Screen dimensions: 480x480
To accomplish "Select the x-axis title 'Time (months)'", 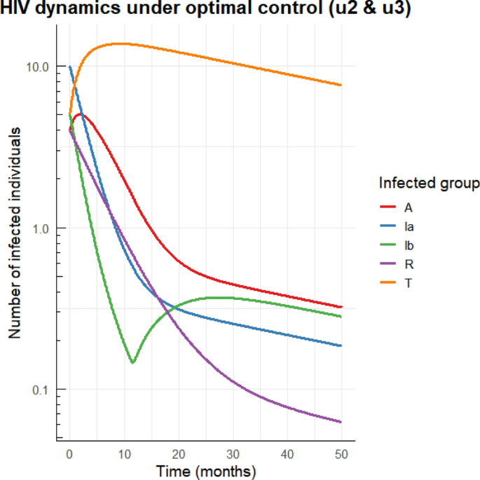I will (x=206, y=469).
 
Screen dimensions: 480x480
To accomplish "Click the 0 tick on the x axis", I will (x=69, y=453).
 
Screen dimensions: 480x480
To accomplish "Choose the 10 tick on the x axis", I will (x=124, y=453).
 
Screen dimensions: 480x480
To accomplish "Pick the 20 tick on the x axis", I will (x=179, y=453).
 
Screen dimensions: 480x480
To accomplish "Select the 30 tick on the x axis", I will (x=233, y=453).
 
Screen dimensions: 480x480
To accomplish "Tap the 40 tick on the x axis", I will (x=287, y=453).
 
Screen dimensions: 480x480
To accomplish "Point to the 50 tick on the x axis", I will (x=341, y=453).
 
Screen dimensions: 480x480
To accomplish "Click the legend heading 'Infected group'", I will (x=429, y=184).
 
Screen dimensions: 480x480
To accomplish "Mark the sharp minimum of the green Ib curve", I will (x=132, y=362).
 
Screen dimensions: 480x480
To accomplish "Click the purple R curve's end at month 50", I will (x=341, y=422).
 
